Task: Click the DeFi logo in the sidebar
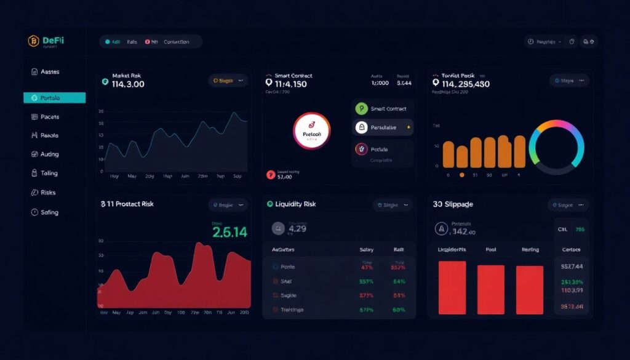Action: pos(46,42)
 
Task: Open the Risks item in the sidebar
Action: pos(48,193)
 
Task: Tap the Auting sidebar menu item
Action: pos(49,154)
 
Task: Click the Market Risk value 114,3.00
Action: pos(128,84)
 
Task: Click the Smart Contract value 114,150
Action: pos(290,84)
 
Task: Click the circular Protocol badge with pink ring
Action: pos(312,130)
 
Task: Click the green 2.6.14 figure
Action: pos(229,232)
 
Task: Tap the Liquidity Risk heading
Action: pos(296,204)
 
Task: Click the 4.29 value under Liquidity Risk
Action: pos(297,229)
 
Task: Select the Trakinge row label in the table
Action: pos(292,310)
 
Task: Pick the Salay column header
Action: pos(367,250)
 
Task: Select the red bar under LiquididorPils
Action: pos(452,288)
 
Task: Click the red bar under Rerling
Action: pos(530,290)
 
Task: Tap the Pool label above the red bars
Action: pos(490,250)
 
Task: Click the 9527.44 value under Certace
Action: pos(572,267)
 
